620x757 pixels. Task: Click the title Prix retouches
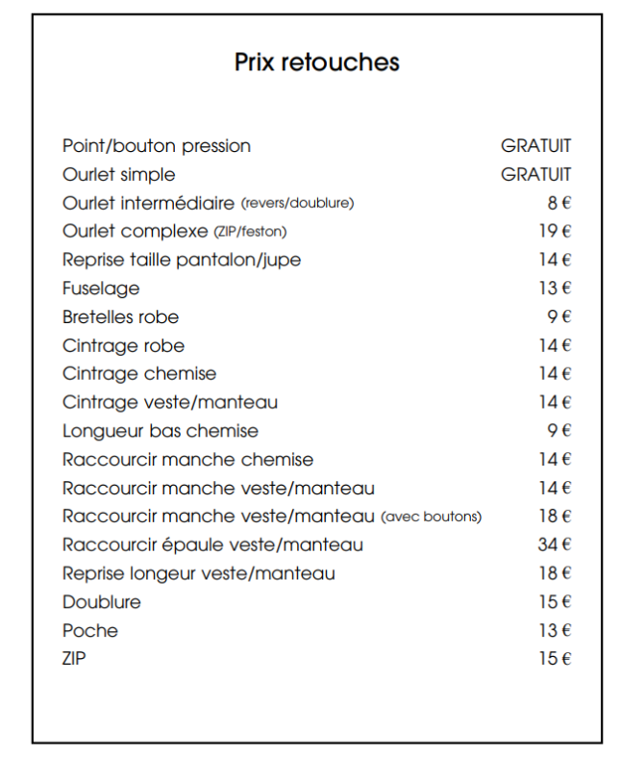316,63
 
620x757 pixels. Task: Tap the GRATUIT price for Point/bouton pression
535,146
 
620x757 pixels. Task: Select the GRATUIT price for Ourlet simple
535,174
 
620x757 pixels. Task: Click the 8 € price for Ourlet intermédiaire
558,203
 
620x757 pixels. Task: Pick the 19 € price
555,231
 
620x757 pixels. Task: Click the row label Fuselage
101,289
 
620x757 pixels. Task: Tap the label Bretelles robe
120,316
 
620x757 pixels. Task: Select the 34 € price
555,544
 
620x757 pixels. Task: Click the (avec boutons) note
432,517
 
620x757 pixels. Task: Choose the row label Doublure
101,602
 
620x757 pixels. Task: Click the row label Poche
90,631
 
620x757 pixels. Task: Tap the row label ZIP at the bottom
75,659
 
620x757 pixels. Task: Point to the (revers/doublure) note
297,203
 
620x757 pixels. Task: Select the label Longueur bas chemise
161,431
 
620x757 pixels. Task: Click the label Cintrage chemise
139,374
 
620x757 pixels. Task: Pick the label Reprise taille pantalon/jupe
182,260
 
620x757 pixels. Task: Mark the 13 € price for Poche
555,630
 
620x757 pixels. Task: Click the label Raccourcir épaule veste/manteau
212,545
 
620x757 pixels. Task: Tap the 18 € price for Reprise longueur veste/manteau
555,573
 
